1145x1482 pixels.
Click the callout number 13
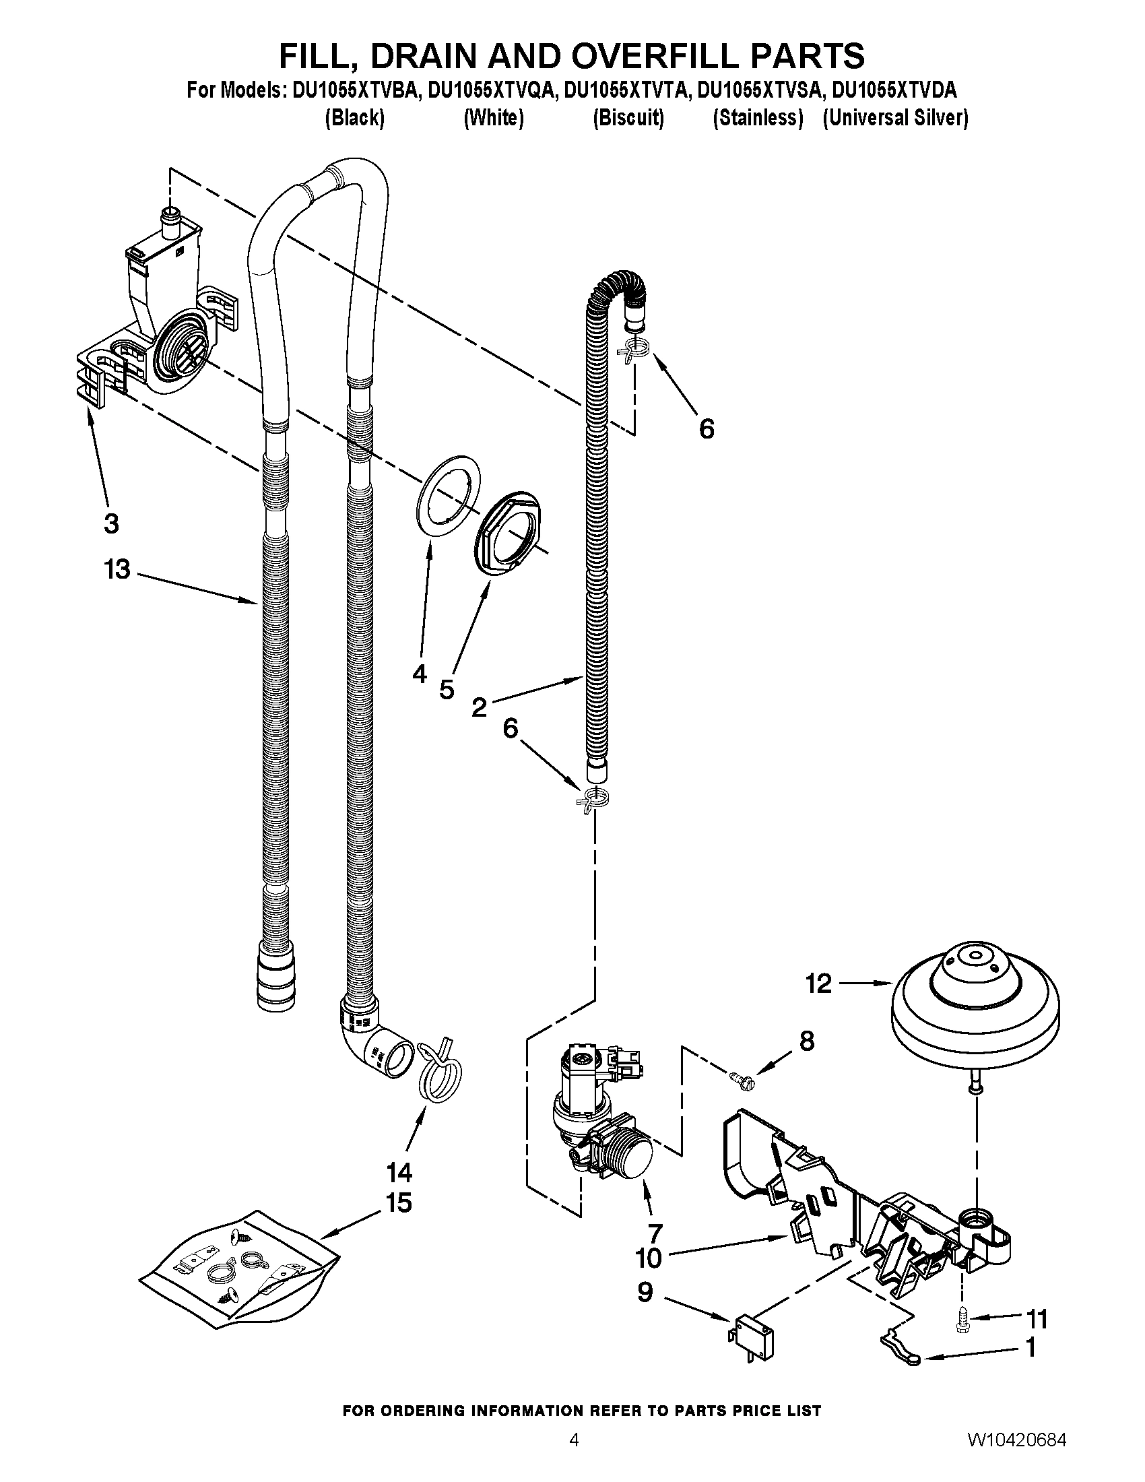pyautogui.click(x=117, y=569)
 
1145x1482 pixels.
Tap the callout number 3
pyautogui.click(x=111, y=523)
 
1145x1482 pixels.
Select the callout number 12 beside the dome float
pyautogui.click(x=819, y=983)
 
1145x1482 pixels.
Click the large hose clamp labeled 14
pyautogui.click(x=436, y=1078)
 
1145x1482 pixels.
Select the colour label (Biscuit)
pyautogui.click(x=628, y=118)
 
